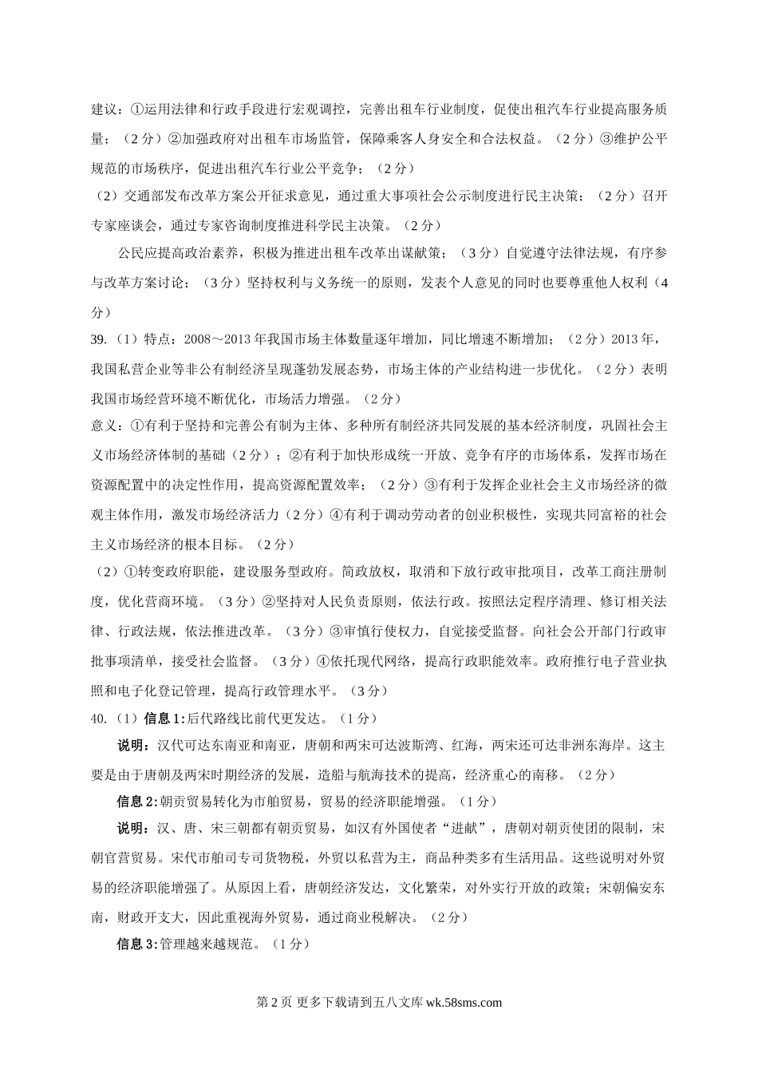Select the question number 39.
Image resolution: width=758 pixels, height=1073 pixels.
[99, 340]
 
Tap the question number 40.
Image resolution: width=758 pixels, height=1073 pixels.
[99, 719]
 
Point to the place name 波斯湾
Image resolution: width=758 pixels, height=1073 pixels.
[431, 746]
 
